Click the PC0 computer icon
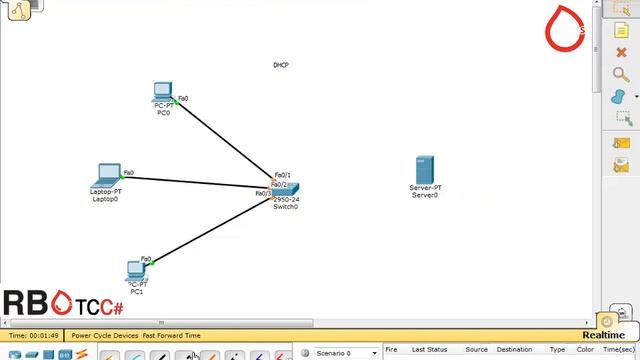[x=164, y=94]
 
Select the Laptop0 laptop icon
[x=107, y=177]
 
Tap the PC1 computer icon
[x=136, y=270]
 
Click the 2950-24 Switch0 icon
[x=286, y=190]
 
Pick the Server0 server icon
[x=425, y=170]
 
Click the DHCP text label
[x=281, y=65]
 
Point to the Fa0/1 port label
[x=282, y=175]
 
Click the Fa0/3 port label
[x=263, y=193]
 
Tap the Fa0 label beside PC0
[x=183, y=99]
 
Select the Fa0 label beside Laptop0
[x=129, y=172]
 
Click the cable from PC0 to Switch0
[x=225, y=140]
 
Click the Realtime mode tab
[x=603, y=335]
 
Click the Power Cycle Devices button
[x=104, y=336]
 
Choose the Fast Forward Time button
[x=171, y=336]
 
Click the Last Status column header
[x=429, y=350]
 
